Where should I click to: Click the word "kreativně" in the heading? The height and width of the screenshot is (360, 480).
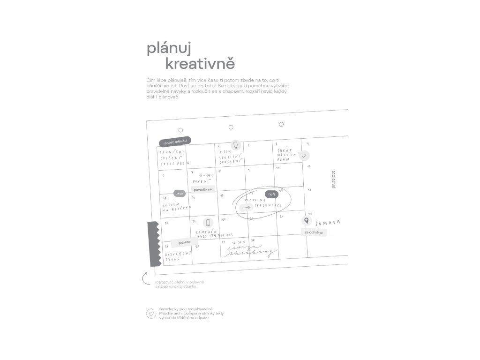200,63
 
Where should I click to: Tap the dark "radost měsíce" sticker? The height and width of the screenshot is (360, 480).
175,142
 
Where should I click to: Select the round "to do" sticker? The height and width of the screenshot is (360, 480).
180,193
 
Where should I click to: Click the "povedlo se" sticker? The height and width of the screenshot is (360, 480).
202,189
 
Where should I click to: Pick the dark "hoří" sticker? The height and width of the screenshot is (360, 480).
271,194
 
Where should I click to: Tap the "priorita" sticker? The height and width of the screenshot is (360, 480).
184,242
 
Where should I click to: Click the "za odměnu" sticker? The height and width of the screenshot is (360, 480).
313,232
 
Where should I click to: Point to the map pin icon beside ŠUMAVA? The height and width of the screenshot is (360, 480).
306,221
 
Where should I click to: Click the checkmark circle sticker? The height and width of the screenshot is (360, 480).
304,155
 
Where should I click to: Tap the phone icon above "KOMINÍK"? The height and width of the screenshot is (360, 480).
208,223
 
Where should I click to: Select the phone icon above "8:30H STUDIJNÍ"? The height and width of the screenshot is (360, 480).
236,145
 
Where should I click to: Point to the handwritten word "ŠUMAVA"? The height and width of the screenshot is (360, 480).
328,222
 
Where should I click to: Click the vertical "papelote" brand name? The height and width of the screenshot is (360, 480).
333,179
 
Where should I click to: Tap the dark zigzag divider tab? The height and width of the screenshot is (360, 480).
153,243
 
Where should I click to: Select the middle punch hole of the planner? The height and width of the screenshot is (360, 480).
231,127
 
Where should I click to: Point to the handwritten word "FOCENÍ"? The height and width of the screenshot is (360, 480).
201,180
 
